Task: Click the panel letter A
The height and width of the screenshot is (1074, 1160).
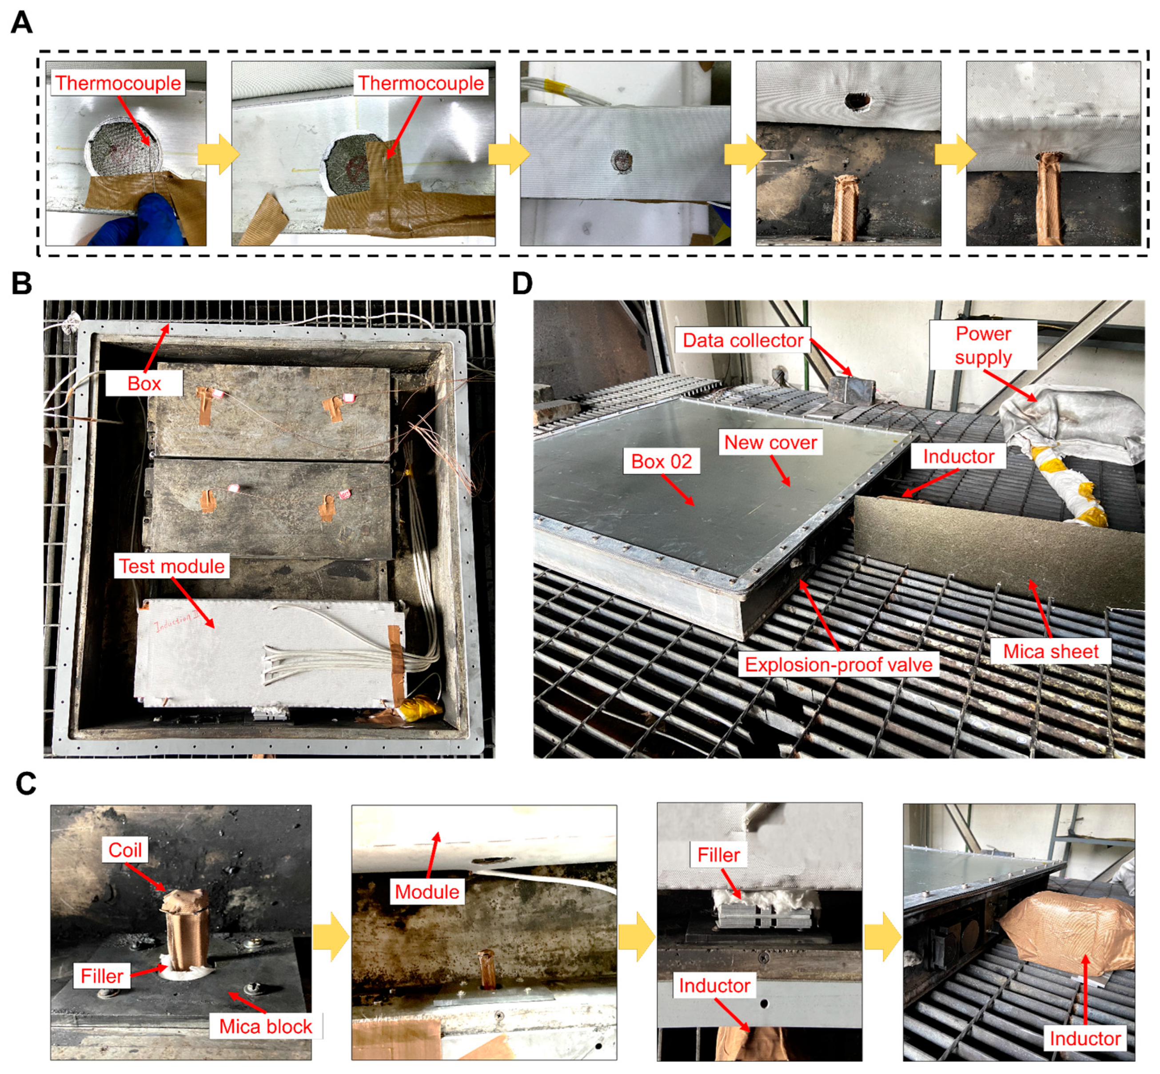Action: point(22,23)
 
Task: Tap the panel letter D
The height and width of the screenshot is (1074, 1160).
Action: point(522,284)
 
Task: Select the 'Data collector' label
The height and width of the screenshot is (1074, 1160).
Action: point(742,340)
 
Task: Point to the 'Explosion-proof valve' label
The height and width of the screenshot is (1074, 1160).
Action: point(838,664)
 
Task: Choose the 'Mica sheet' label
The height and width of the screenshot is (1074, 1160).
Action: point(1051,652)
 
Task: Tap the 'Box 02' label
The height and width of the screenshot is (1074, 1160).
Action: point(662,461)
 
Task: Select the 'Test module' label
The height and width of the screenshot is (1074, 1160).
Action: point(172,566)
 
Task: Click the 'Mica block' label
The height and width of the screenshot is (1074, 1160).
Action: point(266,1026)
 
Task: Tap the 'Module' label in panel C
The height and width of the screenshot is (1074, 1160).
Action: point(427,891)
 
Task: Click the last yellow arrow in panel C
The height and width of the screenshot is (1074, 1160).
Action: point(883,936)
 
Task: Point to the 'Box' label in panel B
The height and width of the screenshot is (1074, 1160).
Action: point(144,384)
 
